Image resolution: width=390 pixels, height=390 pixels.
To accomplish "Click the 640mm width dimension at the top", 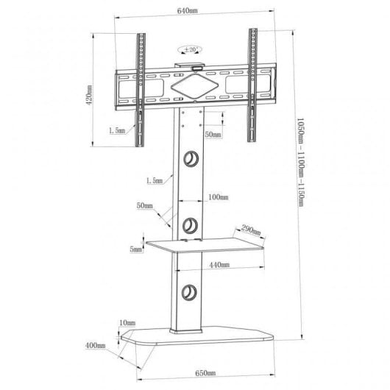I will point(196,11).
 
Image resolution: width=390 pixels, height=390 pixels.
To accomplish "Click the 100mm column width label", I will point(219,198).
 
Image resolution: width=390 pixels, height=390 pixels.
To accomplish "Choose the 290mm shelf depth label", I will point(251,231).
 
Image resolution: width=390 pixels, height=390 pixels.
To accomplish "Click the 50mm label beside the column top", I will point(213,135).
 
